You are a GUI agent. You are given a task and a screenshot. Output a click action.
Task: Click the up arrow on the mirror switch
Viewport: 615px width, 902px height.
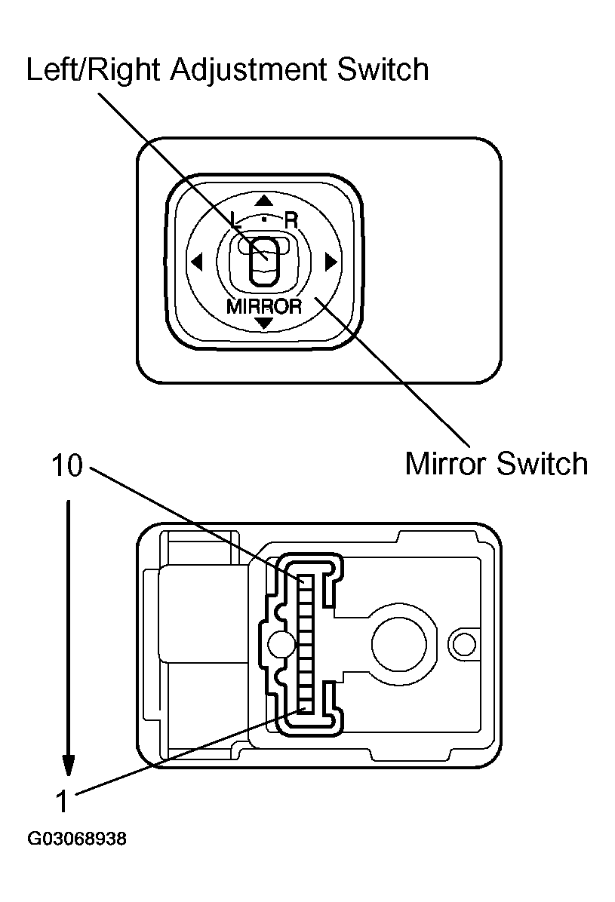click(263, 201)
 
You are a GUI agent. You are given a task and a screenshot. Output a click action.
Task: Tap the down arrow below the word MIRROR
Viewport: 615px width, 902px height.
click(263, 323)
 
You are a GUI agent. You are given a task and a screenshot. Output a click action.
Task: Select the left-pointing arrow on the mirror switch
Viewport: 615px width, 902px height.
click(197, 262)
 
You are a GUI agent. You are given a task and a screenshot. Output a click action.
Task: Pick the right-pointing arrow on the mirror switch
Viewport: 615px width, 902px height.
click(329, 262)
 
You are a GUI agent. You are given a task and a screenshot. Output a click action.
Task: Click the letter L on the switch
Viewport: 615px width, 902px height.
click(235, 220)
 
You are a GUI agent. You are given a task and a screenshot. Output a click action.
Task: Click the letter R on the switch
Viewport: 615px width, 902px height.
click(291, 220)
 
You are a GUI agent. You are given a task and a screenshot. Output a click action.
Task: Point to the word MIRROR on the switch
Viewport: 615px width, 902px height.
click(263, 306)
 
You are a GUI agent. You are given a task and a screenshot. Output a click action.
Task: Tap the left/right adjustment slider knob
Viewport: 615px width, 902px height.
click(263, 259)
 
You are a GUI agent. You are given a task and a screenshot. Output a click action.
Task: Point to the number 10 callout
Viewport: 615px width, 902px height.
click(66, 466)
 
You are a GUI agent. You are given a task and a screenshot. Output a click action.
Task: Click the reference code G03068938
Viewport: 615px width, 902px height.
click(76, 839)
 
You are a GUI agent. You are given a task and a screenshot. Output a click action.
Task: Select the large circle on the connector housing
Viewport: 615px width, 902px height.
click(402, 642)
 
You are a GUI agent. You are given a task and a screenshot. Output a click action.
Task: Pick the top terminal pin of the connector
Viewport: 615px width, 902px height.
click(306, 582)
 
